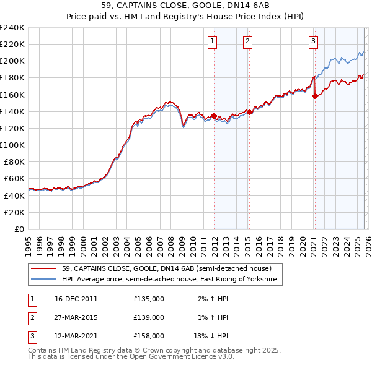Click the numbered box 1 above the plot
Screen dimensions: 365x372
tap(212, 41)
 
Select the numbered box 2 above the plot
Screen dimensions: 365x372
tap(247, 41)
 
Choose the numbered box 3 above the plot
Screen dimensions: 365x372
tap(313, 41)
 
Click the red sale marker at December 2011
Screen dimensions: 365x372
tap(214, 116)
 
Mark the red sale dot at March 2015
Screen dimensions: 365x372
tap(249, 112)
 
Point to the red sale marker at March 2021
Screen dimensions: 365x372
tap(315, 96)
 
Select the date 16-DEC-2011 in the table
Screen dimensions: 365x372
tap(76, 299)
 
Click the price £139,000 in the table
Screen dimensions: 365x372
tap(149, 317)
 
